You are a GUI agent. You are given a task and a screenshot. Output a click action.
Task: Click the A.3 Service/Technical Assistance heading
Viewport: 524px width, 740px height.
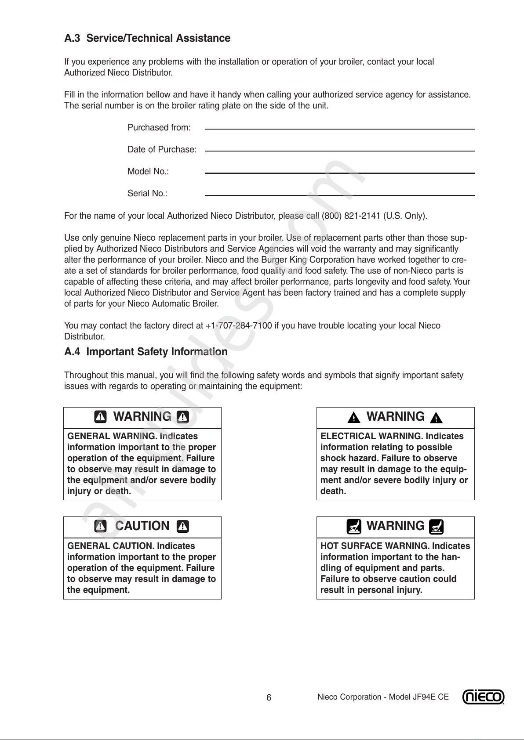(147, 38)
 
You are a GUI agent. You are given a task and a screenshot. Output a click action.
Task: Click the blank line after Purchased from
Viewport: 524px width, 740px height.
(339, 129)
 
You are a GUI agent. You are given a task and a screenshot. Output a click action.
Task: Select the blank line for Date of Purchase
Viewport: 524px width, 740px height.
(339, 151)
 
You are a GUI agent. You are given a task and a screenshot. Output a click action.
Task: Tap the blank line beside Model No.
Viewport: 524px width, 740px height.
(339, 173)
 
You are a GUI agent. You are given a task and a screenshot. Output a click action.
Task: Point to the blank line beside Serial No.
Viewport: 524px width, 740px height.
(339, 195)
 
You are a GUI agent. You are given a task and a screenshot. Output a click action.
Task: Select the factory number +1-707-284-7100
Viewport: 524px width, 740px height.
(239, 326)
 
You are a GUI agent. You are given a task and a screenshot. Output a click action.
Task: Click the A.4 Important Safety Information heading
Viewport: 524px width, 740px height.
(146, 352)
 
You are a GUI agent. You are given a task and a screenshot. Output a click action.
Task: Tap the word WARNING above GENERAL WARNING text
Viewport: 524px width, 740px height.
(142, 417)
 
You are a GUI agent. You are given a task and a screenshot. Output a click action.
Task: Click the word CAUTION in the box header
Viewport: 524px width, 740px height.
(142, 526)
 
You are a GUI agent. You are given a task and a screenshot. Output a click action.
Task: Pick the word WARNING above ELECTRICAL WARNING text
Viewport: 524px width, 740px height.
(395, 417)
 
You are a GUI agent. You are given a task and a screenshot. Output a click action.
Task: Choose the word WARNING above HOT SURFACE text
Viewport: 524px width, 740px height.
(395, 526)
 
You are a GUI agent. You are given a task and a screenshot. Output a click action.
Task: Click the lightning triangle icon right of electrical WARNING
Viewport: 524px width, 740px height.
(436, 418)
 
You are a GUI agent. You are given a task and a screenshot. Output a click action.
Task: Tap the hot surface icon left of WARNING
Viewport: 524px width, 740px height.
(353, 526)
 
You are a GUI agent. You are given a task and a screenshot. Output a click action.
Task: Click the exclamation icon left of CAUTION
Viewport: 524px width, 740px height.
(101, 526)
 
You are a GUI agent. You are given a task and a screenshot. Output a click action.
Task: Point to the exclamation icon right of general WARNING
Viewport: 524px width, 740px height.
(183, 417)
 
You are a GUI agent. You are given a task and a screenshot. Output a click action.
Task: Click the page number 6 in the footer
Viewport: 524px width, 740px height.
(269, 698)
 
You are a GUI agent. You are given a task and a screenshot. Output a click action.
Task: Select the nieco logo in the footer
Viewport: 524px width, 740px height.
(483, 697)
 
